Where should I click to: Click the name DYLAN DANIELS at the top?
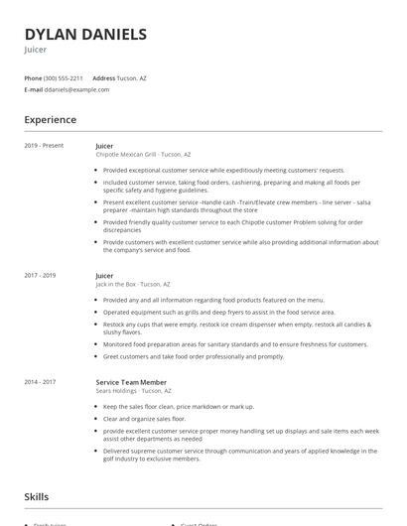point(85,35)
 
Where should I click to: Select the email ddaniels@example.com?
point(76,89)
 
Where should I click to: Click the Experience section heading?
point(51,120)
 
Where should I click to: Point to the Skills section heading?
point(38,496)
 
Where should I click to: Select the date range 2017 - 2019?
point(41,276)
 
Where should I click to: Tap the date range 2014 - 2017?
point(41,382)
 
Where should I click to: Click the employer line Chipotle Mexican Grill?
point(143,155)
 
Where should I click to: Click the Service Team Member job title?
point(131,382)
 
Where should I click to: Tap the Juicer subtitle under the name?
point(37,49)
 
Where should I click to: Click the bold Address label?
point(103,77)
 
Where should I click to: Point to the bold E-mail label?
point(33,89)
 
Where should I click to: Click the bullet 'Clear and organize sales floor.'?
point(144,419)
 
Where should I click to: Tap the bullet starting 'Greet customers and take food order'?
point(193,356)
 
